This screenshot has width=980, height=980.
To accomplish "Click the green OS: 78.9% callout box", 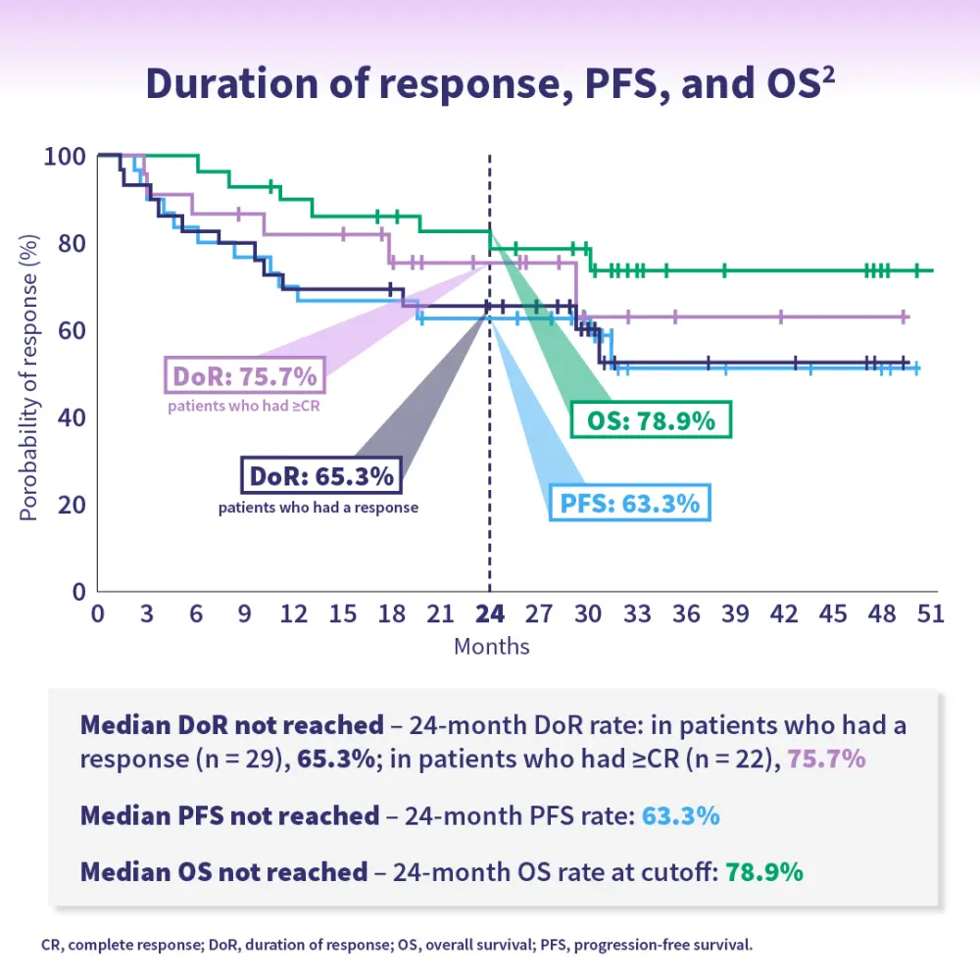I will tap(652, 421).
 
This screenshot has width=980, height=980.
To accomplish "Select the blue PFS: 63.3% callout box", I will tap(630, 504).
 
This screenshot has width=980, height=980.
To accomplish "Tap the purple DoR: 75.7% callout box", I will tap(244, 376).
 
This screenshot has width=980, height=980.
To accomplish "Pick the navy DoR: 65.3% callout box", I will tap(319, 477).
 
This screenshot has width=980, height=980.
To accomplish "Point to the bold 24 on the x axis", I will tap(490, 614).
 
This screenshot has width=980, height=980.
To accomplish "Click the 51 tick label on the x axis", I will tap(929, 614).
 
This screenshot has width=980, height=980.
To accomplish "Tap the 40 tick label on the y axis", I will tap(72, 417).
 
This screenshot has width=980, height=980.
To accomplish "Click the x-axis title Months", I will tap(491, 646).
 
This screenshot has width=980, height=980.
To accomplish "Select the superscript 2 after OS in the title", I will tap(828, 73).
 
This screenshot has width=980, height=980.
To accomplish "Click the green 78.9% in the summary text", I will tap(764, 872).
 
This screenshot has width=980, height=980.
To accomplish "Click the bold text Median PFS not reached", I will tap(229, 815).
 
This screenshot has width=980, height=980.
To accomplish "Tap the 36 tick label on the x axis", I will tap(687, 614).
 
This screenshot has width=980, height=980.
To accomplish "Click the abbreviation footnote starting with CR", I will tap(397, 947).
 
